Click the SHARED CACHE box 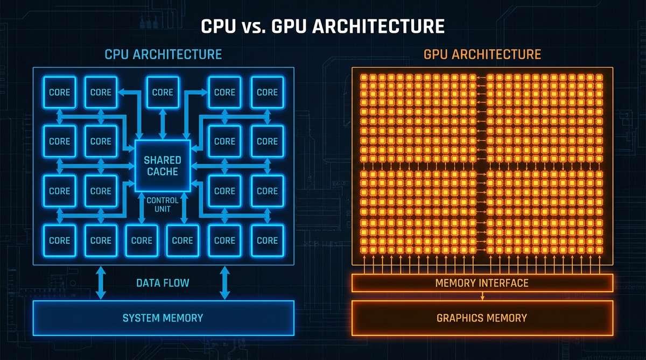(x=162, y=166)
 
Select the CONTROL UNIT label (x=162, y=204)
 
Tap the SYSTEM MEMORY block (x=163, y=318)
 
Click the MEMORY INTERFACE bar (x=482, y=283)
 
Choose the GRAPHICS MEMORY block (x=482, y=317)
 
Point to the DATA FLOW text (x=163, y=283)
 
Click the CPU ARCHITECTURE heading (x=163, y=54)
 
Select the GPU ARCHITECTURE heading (x=482, y=54)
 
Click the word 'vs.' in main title (x=252, y=26)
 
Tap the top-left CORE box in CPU (x=59, y=92)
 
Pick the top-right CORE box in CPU (x=267, y=92)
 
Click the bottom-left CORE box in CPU (x=59, y=241)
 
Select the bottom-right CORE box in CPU (x=267, y=241)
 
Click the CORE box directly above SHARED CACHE (x=163, y=92)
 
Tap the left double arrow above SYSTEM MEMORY (x=101, y=283)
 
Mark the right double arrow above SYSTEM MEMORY (x=225, y=283)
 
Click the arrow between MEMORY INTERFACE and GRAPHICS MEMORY (x=482, y=296)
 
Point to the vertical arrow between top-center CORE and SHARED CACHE (x=163, y=124)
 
